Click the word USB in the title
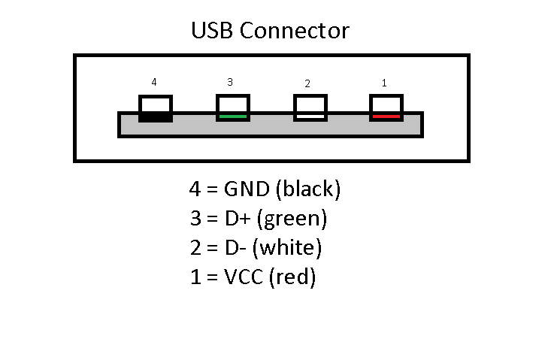213,31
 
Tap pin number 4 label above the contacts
154,83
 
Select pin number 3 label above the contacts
230,82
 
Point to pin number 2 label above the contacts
307,83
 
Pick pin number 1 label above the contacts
384,83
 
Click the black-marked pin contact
156,108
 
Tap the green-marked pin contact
233,108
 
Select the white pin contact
310,108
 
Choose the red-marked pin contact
386,108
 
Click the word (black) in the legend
309,190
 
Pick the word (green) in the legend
297,219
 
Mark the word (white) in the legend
292,248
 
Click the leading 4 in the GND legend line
196,189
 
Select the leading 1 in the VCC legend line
196,277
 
